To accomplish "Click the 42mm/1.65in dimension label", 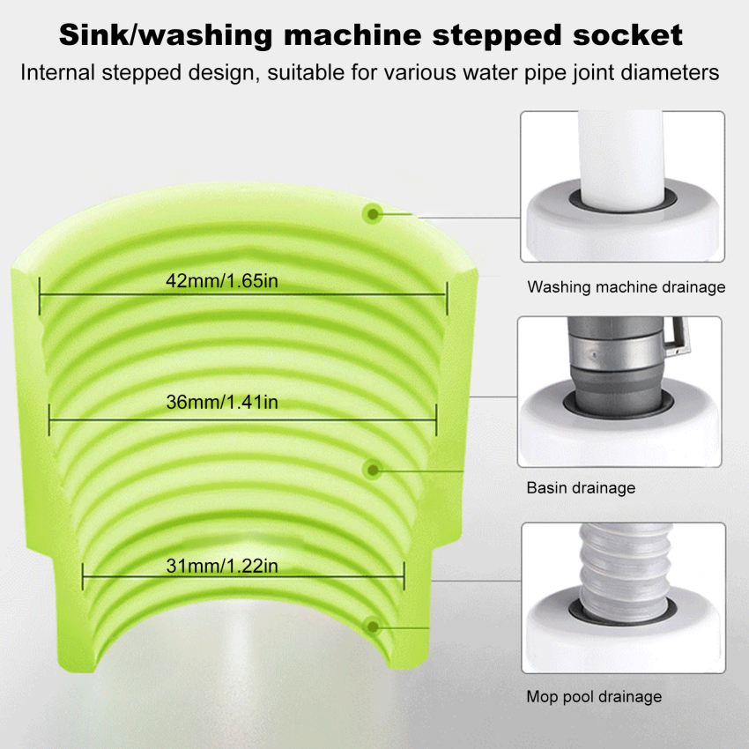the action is pyautogui.click(x=222, y=281).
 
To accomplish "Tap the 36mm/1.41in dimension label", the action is pyautogui.click(x=222, y=402).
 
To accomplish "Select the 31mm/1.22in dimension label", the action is pyautogui.click(x=222, y=566).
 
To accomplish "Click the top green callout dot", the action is pyautogui.click(x=372, y=213).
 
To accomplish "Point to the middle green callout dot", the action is pyautogui.click(x=373, y=470).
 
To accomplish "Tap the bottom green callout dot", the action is pyautogui.click(x=373, y=627).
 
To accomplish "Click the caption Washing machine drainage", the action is pyautogui.click(x=627, y=287).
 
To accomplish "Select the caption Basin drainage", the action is pyautogui.click(x=581, y=487).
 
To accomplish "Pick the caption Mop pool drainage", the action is pyautogui.click(x=594, y=696).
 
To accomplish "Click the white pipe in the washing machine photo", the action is pyautogui.click(x=620, y=160).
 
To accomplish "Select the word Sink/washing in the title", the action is pyautogui.click(x=166, y=36).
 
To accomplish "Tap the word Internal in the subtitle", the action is pyautogui.click(x=57, y=72).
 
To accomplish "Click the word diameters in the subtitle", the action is pyautogui.click(x=671, y=72).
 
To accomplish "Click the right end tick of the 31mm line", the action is pyautogui.click(x=404, y=576).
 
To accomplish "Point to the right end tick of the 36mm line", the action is pyautogui.click(x=436, y=419).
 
